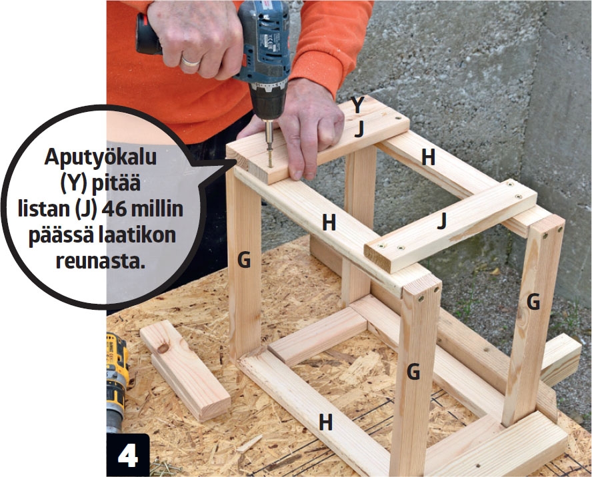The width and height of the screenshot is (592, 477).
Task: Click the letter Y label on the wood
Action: tap(357, 104)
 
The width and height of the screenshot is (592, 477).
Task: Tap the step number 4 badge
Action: tap(128, 456)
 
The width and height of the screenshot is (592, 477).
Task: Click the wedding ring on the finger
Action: tap(190, 61)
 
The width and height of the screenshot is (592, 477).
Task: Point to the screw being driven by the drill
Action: tap(270, 159)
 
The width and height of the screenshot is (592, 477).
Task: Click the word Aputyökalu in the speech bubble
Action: tap(101, 157)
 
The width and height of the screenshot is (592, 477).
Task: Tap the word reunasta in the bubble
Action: tap(101, 261)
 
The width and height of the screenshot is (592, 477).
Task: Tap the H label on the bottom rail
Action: tap(325, 422)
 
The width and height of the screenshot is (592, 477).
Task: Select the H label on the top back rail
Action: tap(428, 157)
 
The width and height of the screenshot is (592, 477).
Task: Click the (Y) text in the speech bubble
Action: tap(74, 183)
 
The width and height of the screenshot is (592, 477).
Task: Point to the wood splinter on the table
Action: tap(250, 443)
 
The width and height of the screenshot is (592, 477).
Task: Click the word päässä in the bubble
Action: tap(61, 236)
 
